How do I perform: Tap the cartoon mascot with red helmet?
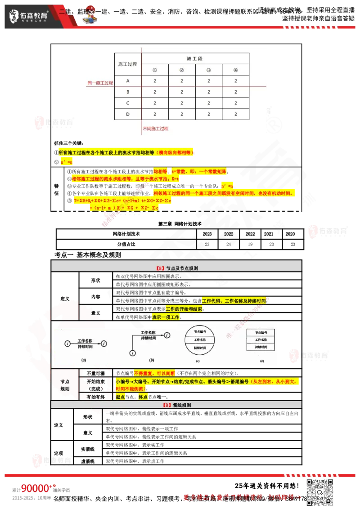point(92,16)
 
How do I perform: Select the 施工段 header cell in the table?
point(195,59)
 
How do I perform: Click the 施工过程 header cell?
point(127,64)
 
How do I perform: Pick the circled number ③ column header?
point(208,70)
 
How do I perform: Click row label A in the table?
point(128,81)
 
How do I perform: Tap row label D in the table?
point(128,114)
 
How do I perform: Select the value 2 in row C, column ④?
point(235,103)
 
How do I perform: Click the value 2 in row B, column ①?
point(155,92)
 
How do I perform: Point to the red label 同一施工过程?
point(100,83)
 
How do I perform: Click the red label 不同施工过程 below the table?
point(155,129)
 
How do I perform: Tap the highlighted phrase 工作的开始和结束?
point(184,309)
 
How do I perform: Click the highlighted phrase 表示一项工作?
point(166,317)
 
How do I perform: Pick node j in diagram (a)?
point(104,344)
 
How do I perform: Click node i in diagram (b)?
point(133,353)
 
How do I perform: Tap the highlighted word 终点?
point(142,397)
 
